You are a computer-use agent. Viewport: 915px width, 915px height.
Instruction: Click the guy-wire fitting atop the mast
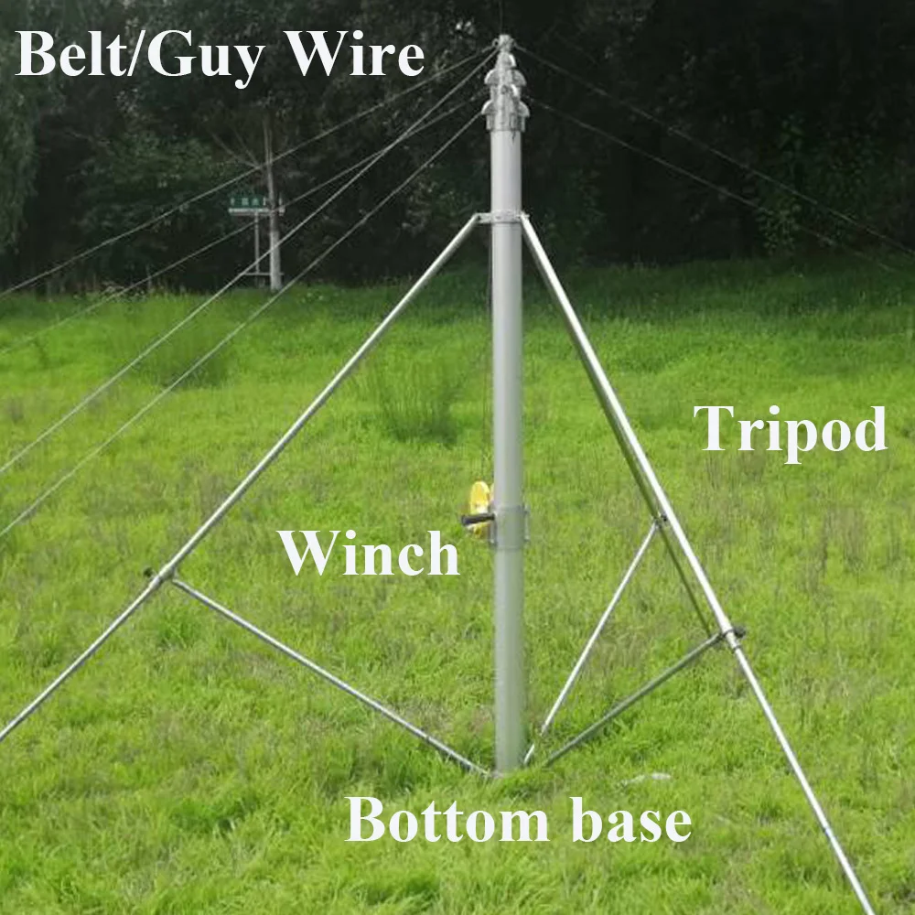pos(505,87)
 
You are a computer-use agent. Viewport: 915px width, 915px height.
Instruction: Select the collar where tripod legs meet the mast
pos(501,218)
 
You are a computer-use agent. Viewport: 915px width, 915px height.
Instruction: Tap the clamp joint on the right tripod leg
pos(732,633)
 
